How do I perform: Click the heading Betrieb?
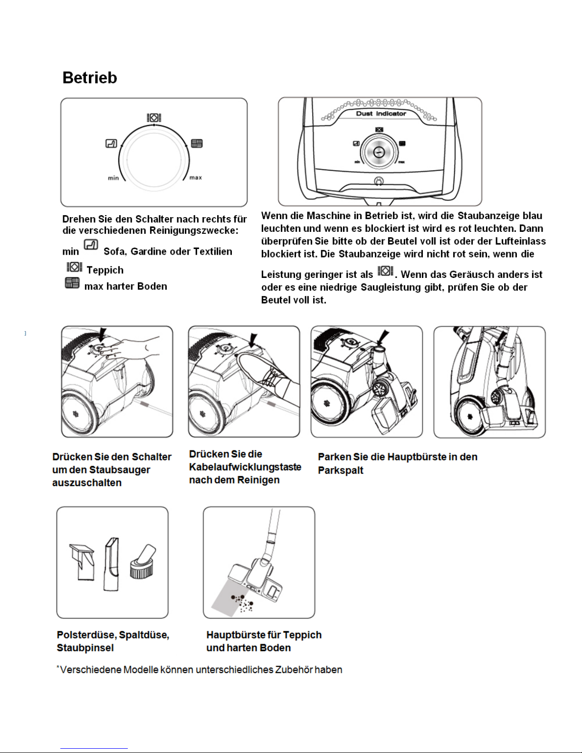89,78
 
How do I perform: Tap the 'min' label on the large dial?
113,178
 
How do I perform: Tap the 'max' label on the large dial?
196,178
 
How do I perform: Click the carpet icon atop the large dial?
154,117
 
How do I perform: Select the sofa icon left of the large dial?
111,143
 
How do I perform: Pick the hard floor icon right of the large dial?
197,143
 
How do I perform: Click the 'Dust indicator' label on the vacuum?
381,114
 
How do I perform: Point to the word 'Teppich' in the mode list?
105,270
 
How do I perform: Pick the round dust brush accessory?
143,561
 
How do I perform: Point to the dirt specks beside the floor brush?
243,602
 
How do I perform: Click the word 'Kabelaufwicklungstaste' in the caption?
245,467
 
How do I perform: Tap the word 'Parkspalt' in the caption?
341,470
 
